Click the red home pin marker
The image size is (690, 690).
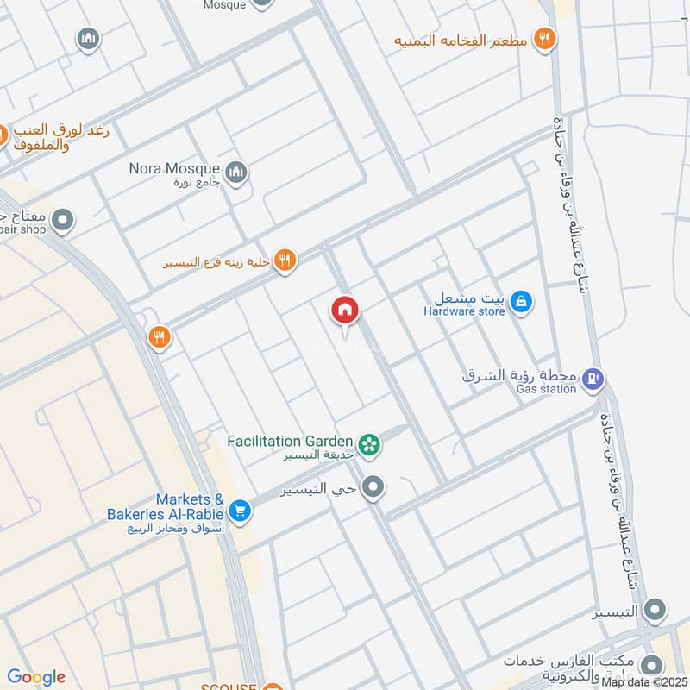pyautogui.click(x=345, y=311)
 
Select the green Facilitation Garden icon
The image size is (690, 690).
pyautogui.click(x=371, y=444)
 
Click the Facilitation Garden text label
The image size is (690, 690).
pyautogui.click(x=290, y=442)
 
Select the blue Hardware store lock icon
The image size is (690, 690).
pyautogui.click(x=521, y=303)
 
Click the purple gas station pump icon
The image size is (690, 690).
pyautogui.click(x=593, y=378)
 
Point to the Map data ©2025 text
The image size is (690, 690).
pyautogui.click(x=644, y=682)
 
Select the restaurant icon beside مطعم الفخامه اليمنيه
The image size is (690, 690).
pyautogui.click(x=544, y=39)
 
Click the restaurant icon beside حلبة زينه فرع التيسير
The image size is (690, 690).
pyautogui.click(x=286, y=260)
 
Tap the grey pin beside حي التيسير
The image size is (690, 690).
pyautogui.click(x=373, y=488)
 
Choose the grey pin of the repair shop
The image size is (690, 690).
pyautogui.click(x=62, y=222)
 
